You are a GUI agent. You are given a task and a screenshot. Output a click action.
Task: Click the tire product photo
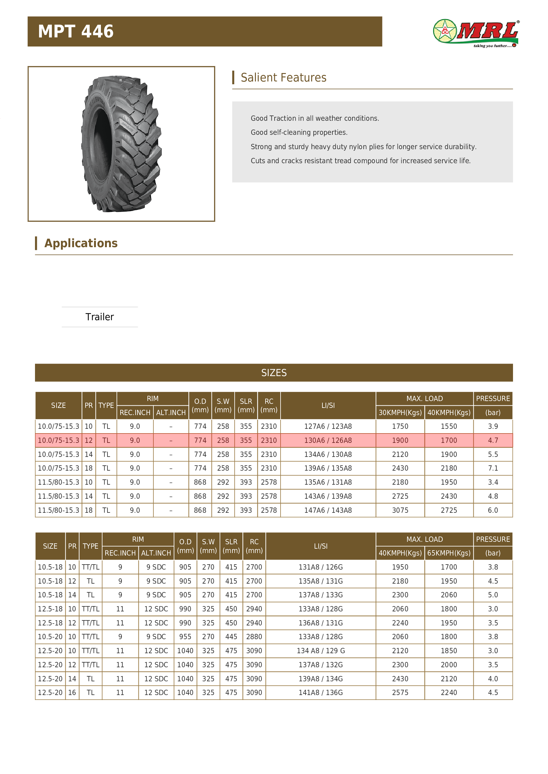point(122,144)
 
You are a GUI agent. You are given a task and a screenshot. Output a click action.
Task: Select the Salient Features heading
point(283,77)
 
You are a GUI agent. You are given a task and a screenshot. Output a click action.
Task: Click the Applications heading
point(81,243)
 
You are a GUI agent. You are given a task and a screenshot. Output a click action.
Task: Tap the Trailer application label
point(100,317)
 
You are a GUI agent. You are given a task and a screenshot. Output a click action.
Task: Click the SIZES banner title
point(274,373)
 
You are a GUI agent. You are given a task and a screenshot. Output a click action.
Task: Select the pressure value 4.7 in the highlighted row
point(493,440)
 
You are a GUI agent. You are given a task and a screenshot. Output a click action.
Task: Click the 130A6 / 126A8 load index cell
point(328,440)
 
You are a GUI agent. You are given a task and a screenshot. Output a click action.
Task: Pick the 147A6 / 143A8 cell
point(328,510)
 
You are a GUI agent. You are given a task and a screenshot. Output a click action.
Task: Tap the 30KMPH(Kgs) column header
point(400,412)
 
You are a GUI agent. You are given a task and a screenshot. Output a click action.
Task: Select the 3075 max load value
point(400,510)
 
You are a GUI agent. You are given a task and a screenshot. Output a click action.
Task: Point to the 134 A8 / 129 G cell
point(321,651)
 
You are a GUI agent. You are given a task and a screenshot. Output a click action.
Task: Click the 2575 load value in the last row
point(400,693)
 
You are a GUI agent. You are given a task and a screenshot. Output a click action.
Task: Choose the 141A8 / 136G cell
point(321,693)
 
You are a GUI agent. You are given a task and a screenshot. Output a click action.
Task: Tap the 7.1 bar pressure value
point(493,468)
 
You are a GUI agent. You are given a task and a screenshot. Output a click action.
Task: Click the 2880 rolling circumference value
point(254,636)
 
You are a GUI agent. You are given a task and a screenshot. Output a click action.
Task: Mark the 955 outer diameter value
point(185,636)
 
